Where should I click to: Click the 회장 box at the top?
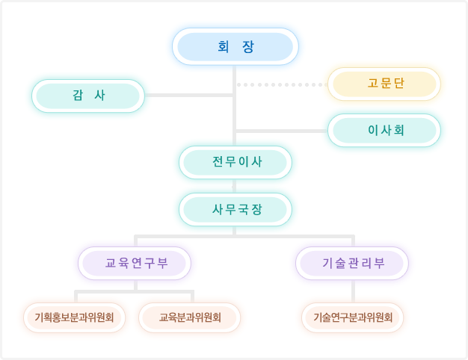coord(235,46)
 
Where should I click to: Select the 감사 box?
coord(88,96)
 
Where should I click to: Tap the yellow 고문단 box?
coord(384,83)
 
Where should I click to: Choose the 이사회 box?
coord(384,130)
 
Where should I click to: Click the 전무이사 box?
coord(235,162)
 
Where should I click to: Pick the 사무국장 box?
coord(235,209)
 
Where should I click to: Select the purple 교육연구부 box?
coord(135,263)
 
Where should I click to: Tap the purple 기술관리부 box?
coord(352,263)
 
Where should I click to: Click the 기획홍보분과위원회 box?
coord(74,317)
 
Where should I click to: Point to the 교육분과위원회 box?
coord(190,317)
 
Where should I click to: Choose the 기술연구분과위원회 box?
coord(352,317)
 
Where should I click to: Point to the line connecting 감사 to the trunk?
coord(189,96)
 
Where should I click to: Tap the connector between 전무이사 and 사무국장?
coord(235,186)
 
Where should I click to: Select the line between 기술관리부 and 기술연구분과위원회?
coord(352,291)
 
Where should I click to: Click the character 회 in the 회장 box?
coord(223,46)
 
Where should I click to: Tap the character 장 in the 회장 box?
coord(249,46)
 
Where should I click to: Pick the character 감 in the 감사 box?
coord(77,96)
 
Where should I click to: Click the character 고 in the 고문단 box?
coord(372,83)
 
